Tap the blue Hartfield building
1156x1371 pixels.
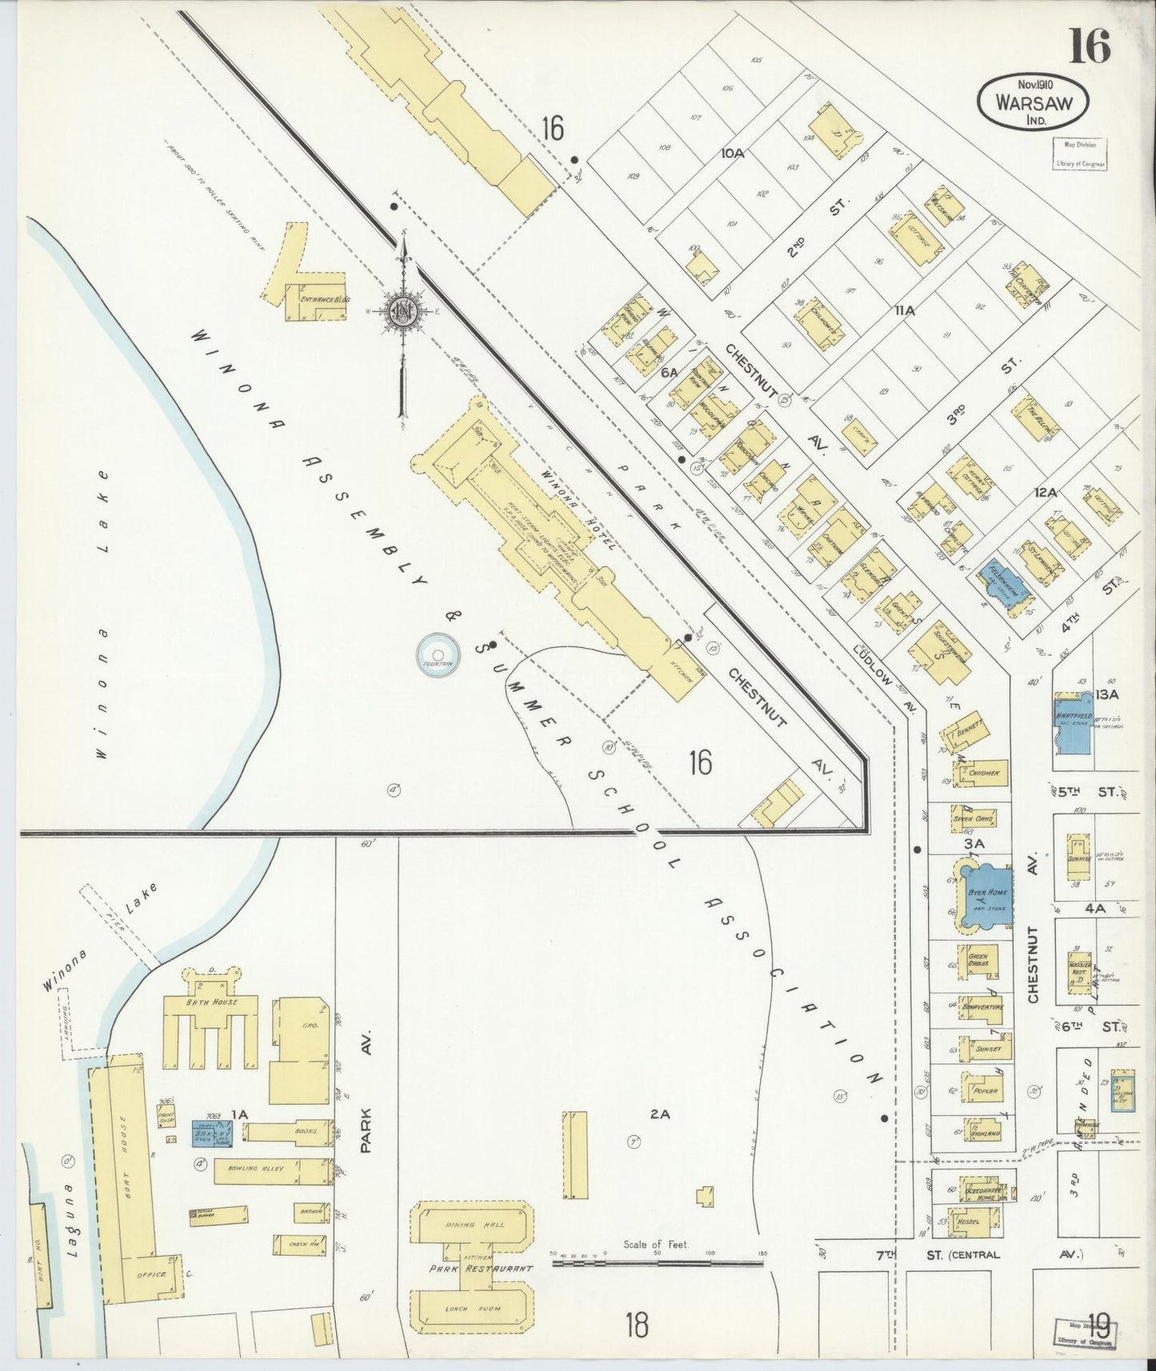1074,723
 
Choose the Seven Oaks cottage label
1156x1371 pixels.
974,818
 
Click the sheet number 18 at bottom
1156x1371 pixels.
638,1325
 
